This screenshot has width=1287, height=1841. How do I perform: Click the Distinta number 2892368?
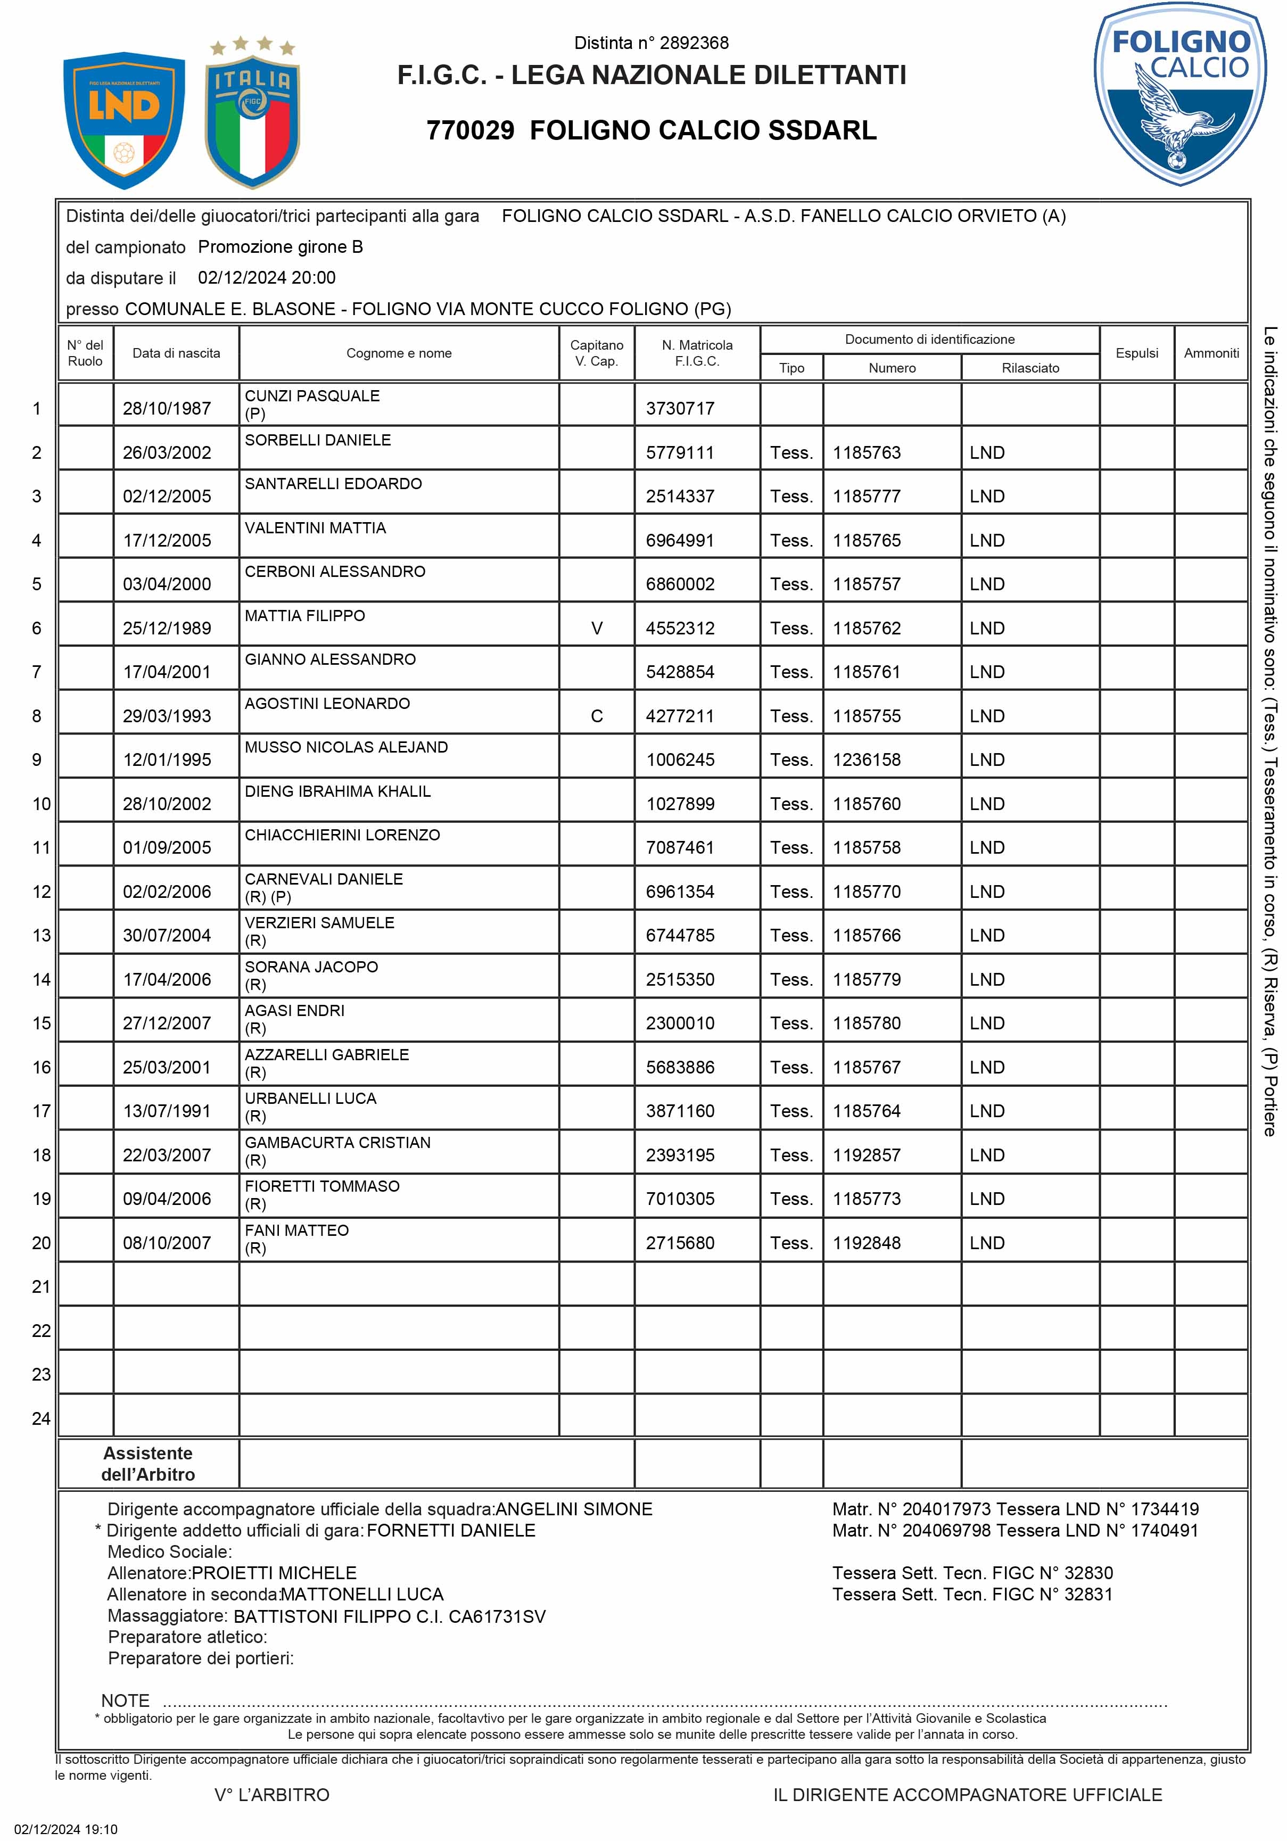coord(651,43)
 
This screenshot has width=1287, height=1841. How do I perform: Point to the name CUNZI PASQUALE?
coord(312,396)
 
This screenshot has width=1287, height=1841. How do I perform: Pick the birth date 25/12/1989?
coord(167,629)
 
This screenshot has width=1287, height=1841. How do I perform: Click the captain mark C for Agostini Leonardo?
coord(597,716)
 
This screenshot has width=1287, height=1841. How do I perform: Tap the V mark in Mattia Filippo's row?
coord(597,629)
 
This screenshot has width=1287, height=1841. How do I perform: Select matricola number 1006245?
coord(680,760)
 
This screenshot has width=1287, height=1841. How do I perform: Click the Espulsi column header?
coord(1136,353)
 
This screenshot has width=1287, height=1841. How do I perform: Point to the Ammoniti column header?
coord(1211,353)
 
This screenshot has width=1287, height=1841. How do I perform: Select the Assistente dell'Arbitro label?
coord(148,1463)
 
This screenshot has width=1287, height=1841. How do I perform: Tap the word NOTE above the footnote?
coord(125,1700)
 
